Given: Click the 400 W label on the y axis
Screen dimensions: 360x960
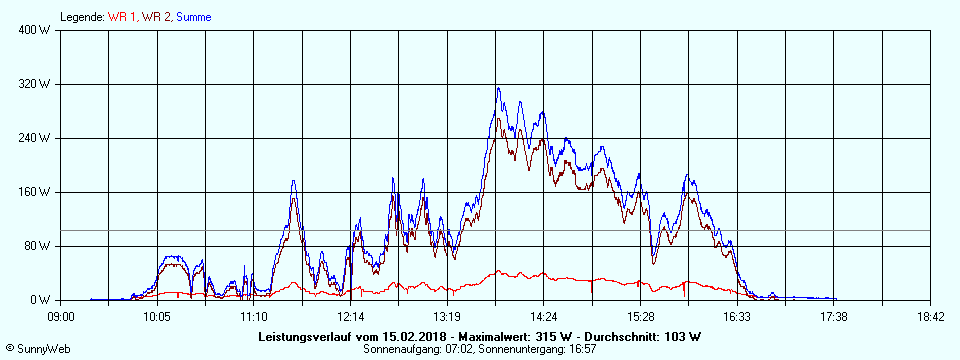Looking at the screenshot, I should coord(37,30).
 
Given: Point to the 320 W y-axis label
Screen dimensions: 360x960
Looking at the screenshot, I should coord(37,84).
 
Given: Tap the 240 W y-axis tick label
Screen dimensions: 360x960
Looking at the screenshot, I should coord(37,138).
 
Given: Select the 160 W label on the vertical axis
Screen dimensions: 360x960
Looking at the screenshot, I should coord(37,192).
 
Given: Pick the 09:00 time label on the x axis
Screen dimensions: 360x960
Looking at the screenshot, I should coord(61,316).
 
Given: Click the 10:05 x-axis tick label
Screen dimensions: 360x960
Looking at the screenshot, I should coord(157,316).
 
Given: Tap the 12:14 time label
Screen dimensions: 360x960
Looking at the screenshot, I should coord(350,316).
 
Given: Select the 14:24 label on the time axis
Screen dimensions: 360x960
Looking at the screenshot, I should coord(543,316).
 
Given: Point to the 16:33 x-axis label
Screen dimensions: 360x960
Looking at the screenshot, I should coord(737,316).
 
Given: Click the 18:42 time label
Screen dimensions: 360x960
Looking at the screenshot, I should coord(930,316).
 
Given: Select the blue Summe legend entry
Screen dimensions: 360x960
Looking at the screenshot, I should coord(195,17).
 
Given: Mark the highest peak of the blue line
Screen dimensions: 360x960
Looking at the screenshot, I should coord(498,88).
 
